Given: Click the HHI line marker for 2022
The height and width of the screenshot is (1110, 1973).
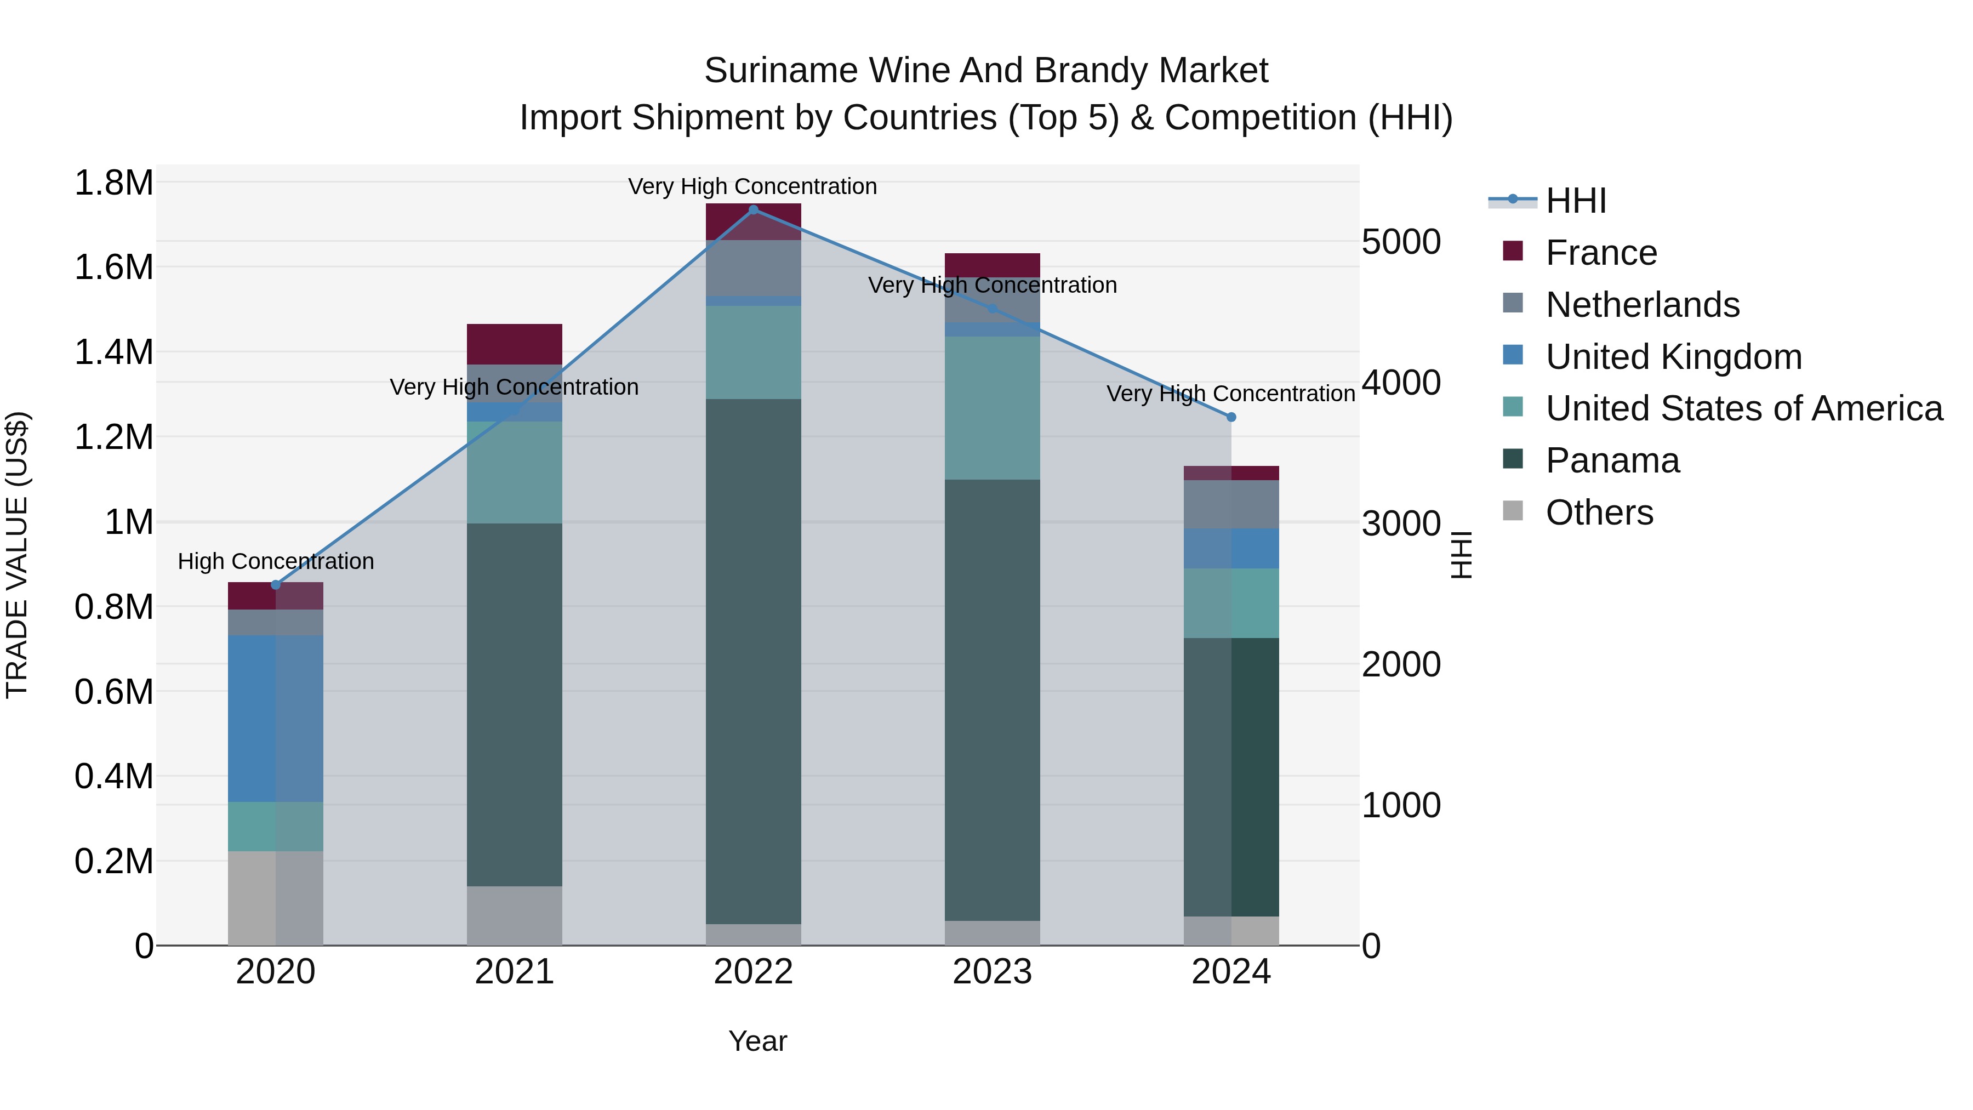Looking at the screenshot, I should coord(753,209).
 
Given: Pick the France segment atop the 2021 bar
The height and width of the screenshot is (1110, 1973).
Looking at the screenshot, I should coord(514,344).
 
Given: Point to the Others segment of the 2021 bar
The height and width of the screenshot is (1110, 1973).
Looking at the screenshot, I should coord(514,915).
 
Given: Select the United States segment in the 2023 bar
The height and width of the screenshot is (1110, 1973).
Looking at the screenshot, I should coord(992,407).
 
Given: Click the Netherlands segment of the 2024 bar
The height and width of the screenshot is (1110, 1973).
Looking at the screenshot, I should coord(1231,504).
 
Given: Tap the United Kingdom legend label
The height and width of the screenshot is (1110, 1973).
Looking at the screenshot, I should coord(1674,357).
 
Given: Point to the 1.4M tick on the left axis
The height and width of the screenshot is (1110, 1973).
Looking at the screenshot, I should coord(113,352).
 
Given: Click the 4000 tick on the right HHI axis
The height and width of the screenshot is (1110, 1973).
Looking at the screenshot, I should coord(1401,383).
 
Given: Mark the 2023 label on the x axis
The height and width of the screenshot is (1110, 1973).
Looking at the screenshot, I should coord(992,972).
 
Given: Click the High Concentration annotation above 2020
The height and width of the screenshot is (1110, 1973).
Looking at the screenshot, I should coord(276,561).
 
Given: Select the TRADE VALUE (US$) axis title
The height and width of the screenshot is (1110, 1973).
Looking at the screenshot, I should coord(17,555).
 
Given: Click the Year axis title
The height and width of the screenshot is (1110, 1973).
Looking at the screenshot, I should coord(757,1041).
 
